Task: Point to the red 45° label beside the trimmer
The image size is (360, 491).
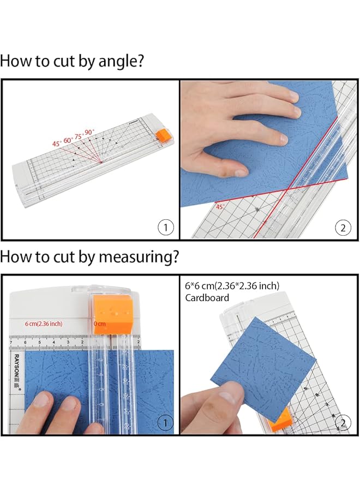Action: point(57,143)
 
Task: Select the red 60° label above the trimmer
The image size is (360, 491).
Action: point(68,140)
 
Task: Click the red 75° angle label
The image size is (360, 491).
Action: point(79,136)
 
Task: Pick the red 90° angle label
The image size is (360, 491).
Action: point(90,132)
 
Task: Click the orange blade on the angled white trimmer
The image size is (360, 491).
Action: point(161,135)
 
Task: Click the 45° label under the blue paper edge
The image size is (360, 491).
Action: point(220,206)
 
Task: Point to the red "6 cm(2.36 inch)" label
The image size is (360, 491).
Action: point(44,324)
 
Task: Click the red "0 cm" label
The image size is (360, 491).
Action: point(100,324)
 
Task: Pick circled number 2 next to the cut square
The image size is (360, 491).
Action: point(343,422)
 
